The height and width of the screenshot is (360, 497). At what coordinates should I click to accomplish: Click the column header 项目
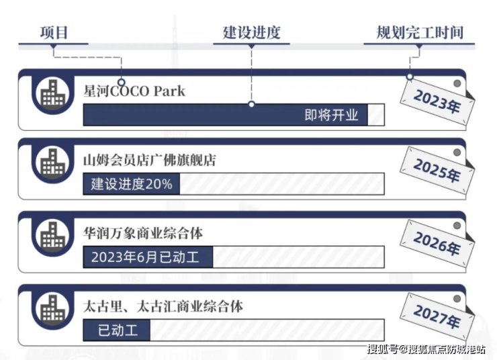(x=54, y=33)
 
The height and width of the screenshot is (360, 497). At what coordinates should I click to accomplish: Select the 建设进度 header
(x=251, y=33)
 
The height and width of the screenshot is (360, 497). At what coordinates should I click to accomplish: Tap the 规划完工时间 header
(x=420, y=33)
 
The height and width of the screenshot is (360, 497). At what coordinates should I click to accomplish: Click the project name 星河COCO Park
(x=134, y=91)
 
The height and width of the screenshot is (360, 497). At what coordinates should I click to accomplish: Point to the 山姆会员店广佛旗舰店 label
(x=150, y=160)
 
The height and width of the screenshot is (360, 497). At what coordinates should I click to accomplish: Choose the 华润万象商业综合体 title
(x=143, y=233)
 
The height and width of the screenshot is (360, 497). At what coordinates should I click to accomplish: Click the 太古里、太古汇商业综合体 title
(x=163, y=306)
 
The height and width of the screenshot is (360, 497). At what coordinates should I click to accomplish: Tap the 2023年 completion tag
(x=437, y=101)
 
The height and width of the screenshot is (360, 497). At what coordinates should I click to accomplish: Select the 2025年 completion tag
(x=437, y=171)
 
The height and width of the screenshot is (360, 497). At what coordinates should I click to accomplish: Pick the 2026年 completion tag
(x=437, y=244)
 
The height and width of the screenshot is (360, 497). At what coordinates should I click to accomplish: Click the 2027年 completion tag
(x=437, y=317)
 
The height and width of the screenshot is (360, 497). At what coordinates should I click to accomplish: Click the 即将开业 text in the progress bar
(x=331, y=115)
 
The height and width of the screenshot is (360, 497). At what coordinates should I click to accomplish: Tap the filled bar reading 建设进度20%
(x=132, y=184)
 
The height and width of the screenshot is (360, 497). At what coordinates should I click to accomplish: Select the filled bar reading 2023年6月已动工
(x=148, y=257)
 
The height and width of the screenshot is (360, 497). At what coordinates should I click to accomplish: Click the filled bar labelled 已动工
(x=117, y=330)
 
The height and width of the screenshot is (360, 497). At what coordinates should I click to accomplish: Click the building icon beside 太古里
(x=52, y=309)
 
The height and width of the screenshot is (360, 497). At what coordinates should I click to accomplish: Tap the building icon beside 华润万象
(x=52, y=236)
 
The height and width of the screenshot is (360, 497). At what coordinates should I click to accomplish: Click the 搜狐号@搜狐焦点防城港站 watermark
(x=426, y=349)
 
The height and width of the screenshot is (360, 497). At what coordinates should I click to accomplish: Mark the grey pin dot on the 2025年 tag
(x=457, y=152)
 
